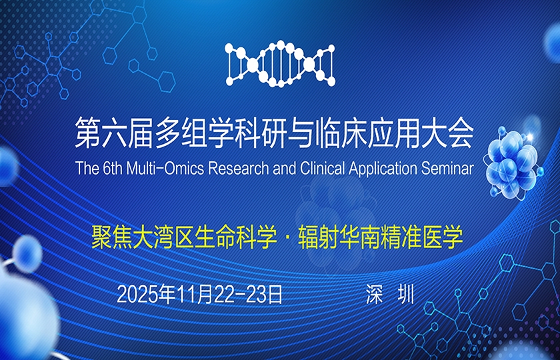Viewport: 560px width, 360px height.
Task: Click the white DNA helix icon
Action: (x=279, y=64)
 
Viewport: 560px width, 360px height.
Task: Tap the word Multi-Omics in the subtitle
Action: (x=170, y=167)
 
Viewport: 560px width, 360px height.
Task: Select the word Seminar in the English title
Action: (x=447, y=167)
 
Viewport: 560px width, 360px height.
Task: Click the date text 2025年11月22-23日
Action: (x=200, y=294)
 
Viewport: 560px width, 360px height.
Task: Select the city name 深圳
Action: (x=390, y=294)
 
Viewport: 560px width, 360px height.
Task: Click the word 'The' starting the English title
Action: (x=87, y=167)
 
